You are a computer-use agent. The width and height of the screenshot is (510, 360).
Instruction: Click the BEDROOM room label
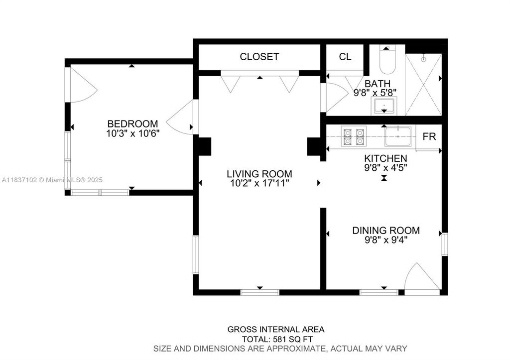(133, 123)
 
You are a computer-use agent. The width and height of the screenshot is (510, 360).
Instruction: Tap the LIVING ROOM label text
(259, 174)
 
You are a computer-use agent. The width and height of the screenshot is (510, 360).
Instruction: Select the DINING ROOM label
(385, 231)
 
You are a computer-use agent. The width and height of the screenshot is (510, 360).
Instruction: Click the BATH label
(377, 84)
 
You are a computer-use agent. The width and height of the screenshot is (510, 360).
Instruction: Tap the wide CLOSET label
(259, 57)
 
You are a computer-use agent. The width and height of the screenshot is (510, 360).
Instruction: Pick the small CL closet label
(345, 57)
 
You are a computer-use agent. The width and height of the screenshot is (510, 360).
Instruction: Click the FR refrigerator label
(429, 136)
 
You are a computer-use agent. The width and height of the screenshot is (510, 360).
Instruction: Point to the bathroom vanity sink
(384, 106)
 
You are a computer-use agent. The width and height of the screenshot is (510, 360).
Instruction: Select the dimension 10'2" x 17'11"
(259, 183)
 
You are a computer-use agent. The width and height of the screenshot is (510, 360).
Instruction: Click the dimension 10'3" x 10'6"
(132, 133)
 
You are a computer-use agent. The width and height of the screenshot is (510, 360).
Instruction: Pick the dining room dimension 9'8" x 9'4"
(385, 240)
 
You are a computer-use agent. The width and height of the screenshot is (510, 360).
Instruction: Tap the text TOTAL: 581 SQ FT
(276, 339)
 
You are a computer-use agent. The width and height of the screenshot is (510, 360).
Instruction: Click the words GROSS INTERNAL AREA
(276, 329)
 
